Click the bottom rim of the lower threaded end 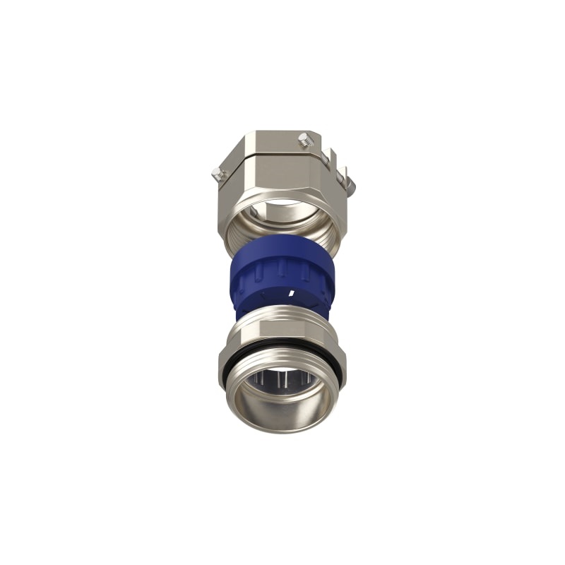(282, 427)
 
